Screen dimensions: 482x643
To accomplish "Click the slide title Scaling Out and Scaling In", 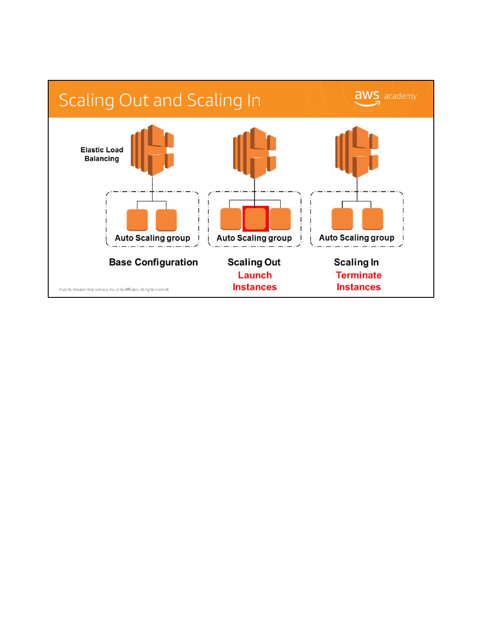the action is click(159, 100).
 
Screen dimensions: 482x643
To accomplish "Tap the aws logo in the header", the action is click(367, 97).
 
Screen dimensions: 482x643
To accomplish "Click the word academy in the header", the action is click(400, 96).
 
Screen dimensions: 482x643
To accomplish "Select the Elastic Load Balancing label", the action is click(102, 154).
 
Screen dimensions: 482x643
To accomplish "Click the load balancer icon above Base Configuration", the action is click(152, 150).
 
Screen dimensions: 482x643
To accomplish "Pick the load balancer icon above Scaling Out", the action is click(254, 153).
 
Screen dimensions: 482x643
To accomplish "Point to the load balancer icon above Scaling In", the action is click(357, 152).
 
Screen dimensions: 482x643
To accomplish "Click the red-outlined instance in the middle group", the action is click(255, 219).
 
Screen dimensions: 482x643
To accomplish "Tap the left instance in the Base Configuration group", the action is click(137, 220).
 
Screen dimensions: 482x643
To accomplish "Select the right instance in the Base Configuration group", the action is click(166, 220).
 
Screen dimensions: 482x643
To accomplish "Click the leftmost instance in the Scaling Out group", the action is click(231, 219).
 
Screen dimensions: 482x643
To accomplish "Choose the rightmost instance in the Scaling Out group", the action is click(280, 219).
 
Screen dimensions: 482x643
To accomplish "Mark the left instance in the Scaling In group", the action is click(342, 219).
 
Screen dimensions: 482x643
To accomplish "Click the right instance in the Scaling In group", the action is click(372, 219).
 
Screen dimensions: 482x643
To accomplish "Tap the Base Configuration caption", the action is click(153, 262).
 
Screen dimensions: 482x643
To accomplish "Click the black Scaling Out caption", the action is click(254, 262).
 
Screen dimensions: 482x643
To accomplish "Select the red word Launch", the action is click(254, 275).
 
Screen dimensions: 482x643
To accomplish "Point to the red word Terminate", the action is click(358, 275).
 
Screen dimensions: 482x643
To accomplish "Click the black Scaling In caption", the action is click(356, 262).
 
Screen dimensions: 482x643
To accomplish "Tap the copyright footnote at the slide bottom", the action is click(114, 289).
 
